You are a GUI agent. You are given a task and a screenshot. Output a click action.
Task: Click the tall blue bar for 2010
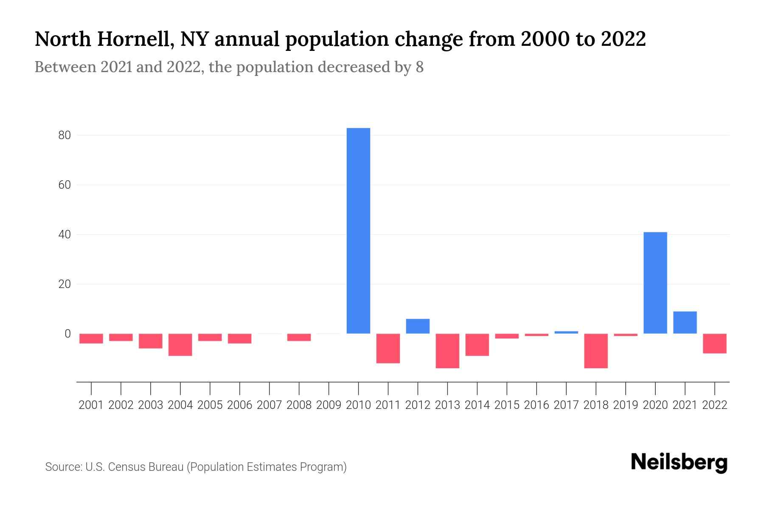click(358, 231)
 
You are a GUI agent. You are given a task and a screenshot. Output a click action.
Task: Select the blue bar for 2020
click(655, 282)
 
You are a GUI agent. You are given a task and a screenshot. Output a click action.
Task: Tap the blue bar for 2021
click(685, 322)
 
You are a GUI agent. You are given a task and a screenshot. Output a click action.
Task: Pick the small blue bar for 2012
click(418, 326)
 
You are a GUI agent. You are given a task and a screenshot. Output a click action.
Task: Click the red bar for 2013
click(447, 351)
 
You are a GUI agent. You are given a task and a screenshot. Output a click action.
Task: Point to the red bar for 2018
click(595, 351)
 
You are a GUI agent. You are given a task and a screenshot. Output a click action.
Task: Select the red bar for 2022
click(714, 344)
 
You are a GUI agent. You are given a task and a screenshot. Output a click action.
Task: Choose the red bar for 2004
click(180, 345)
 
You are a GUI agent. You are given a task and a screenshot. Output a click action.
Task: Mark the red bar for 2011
click(388, 348)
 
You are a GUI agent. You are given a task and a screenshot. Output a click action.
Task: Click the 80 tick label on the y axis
click(65, 135)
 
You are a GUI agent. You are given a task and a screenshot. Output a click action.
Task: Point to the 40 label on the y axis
click(65, 235)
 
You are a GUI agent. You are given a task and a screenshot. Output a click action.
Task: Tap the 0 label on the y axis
click(67, 334)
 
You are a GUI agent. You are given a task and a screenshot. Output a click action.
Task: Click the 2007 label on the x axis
click(269, 405)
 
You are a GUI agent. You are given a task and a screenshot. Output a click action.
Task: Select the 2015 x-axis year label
click(507, 405)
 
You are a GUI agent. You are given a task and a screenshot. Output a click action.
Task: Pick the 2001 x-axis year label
click(91, 405)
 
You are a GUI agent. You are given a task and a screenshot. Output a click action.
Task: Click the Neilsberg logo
click(679, 463)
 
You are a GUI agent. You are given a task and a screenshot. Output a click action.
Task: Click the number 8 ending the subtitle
click(419, 67)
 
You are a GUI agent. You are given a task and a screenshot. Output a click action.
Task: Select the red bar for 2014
click(477, 345)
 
